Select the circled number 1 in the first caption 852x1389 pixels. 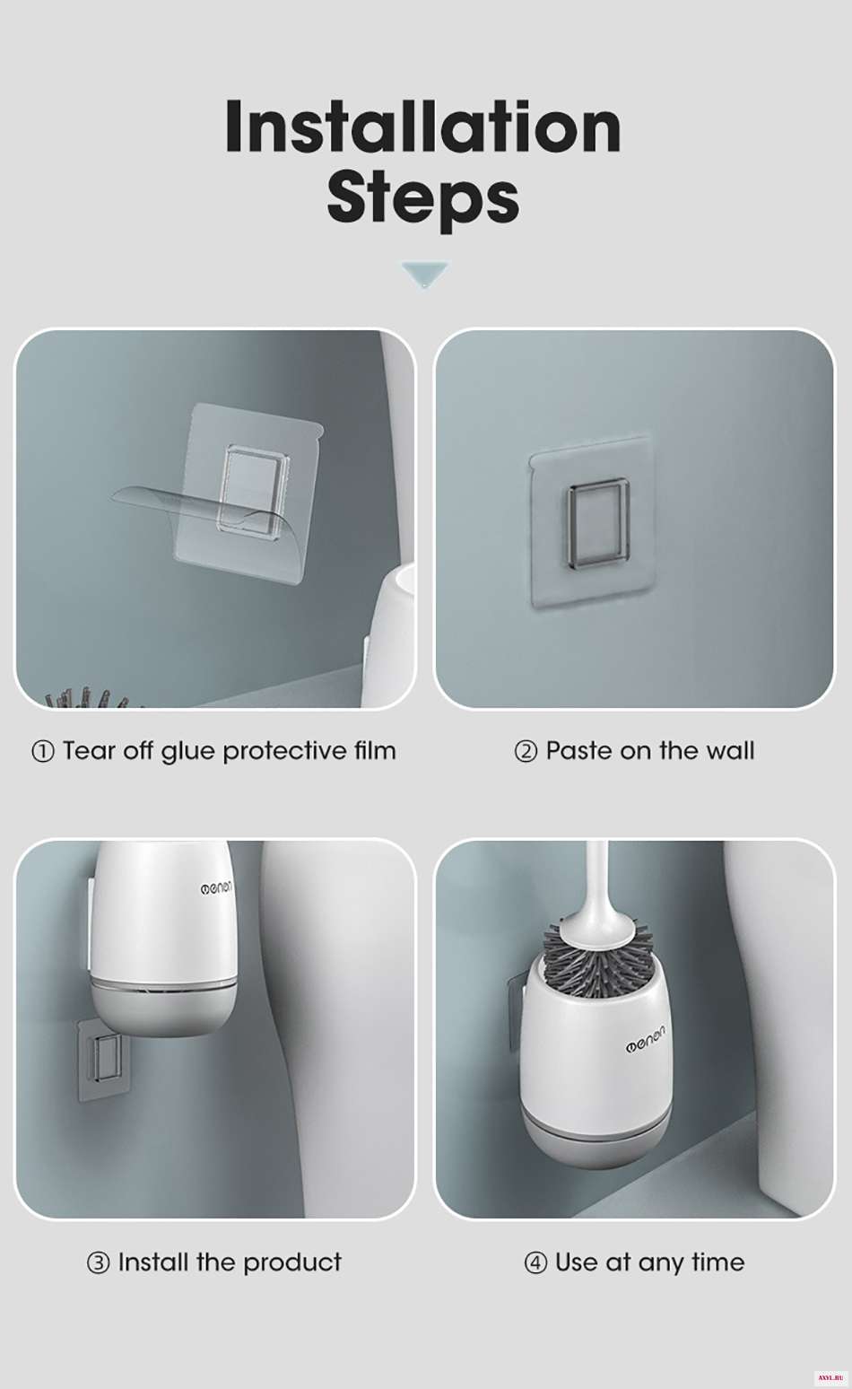click(42, 752)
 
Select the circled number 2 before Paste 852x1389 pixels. click(526, 752)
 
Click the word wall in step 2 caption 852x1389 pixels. click(731, 751)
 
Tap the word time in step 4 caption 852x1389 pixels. click(718, 1262)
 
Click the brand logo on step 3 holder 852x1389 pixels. click(215, 888)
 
